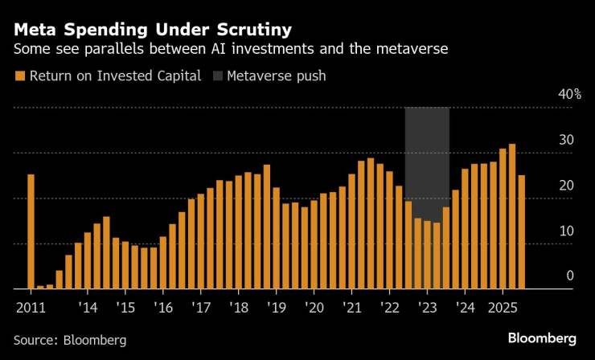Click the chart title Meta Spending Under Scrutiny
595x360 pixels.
coord(153,31)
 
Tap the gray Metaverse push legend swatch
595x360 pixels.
coord(217,77)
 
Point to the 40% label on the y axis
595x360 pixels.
coord(571,94)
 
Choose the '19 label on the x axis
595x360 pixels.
coord(277,307)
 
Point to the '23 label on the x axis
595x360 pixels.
coord(428,307)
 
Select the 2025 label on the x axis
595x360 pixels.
coord(503,307)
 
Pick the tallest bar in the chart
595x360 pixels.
coord(512,216)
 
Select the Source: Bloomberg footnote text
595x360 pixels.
coord(70,340)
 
